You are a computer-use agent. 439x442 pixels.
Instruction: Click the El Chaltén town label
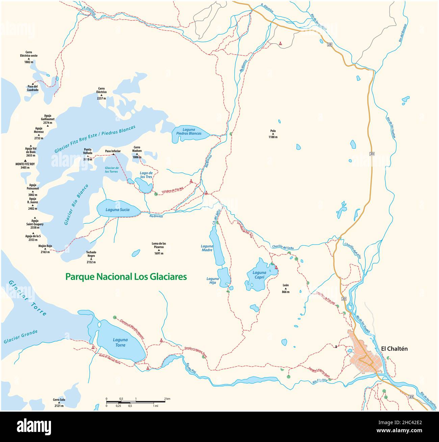click(394, 349)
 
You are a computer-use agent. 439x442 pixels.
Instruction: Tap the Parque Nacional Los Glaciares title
click(126, 277)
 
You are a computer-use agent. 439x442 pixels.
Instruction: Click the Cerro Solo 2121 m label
click(59, 403)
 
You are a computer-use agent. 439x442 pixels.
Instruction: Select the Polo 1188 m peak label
click(273, 134)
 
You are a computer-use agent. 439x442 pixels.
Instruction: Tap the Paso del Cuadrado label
click(33, 88)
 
